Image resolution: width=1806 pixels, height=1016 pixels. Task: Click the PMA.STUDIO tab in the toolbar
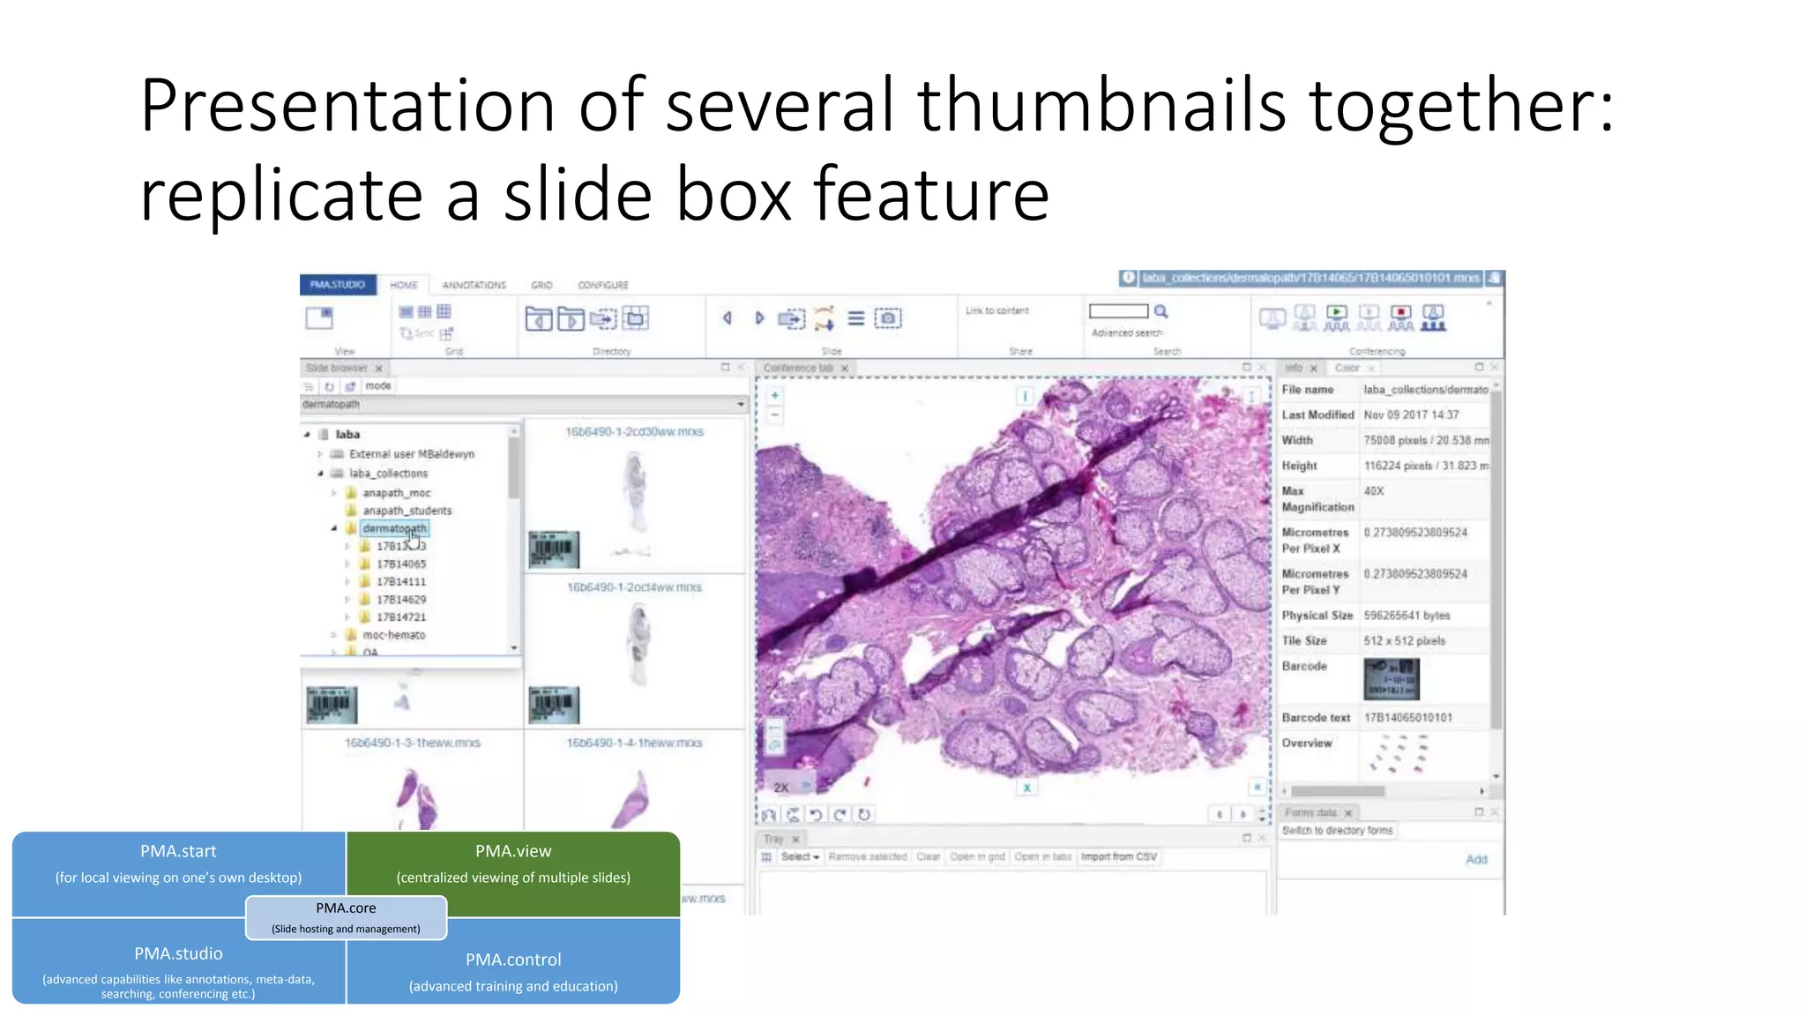(x=338, y=285)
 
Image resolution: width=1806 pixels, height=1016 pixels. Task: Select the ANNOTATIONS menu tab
(x=474, y=285)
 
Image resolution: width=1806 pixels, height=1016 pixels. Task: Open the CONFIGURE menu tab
(x=603, y=285)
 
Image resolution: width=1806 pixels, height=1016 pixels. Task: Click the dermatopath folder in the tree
(x=394, y=528)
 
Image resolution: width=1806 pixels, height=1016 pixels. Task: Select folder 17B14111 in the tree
(x=401, y=581)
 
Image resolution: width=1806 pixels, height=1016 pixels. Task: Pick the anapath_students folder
(x=407, y=511)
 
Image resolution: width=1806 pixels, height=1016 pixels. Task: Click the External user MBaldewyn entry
(x=411, y=454)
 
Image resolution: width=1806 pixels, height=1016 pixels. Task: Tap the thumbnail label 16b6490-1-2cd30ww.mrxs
(x=634, y=432)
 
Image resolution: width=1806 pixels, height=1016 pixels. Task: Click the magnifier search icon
(x=1161, y=311)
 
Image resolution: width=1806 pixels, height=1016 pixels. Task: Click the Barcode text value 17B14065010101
(x=1407, y=718)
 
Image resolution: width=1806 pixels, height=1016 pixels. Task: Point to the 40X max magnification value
(x=1374, y=491)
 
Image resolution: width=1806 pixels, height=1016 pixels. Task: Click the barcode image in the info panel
(x=1391, y=679)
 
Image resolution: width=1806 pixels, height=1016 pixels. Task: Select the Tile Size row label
(x=1304, y=641)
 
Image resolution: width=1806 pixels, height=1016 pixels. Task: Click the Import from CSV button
(x=1118, y=856)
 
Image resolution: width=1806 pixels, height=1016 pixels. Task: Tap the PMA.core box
(x=346, y=917)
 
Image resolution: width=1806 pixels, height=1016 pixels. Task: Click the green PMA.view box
(x=513, y=864)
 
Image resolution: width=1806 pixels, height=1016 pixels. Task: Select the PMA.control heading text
(x=513, y=960)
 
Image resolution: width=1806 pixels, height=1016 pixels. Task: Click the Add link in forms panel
(x=1475, y=860)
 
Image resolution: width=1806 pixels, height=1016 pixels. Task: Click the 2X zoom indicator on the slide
(x=781, y=787)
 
